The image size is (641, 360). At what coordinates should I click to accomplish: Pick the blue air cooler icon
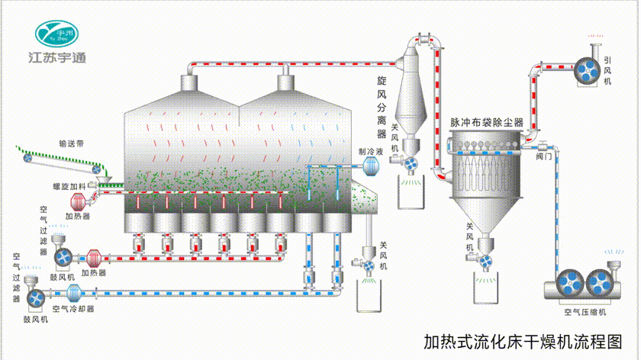click(74, 292)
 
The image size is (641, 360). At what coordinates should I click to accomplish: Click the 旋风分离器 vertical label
click(382, 104)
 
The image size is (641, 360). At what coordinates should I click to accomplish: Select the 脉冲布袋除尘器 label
click(486, 121)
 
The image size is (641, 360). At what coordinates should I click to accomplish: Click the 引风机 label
click(607, 70)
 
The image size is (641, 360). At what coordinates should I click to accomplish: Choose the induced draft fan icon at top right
click(587, 70)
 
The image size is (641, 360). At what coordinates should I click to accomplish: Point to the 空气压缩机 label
click(585, 312)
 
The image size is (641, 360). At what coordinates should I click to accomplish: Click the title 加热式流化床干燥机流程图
click(520, 340)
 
